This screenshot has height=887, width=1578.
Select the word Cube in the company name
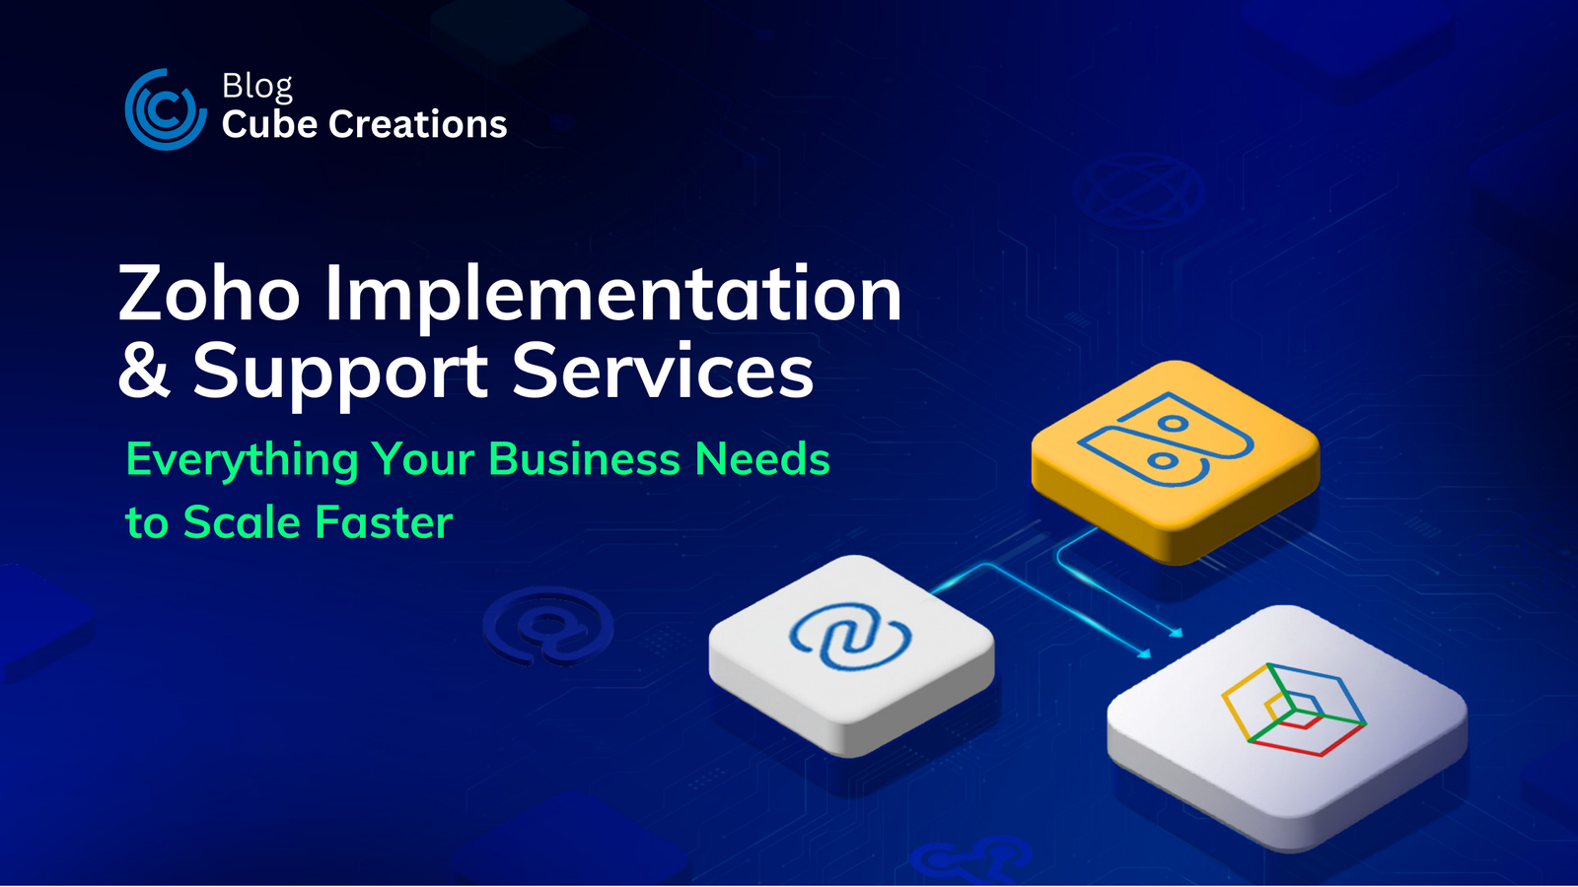[x=269, y=124]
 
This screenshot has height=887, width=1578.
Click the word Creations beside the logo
[x=418, y=124]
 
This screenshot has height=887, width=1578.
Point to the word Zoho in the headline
[x=209, y=293]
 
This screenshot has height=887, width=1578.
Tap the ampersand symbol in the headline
[x=144, y=370]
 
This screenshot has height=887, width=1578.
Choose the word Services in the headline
[x=663, y=370]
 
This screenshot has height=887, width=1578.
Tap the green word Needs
[x=762, y=459]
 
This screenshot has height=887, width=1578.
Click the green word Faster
[x=384, y=522]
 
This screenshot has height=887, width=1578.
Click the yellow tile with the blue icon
[x=1175, y=461]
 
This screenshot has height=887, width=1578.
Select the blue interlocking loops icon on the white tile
[x=849, y=637]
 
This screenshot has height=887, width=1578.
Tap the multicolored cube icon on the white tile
[x=1293, y=710]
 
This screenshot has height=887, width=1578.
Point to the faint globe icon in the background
[x=1138, y=190]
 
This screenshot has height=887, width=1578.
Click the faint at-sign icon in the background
[x=548, y=626]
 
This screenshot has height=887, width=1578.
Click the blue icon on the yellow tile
[x=1166, y=440]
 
